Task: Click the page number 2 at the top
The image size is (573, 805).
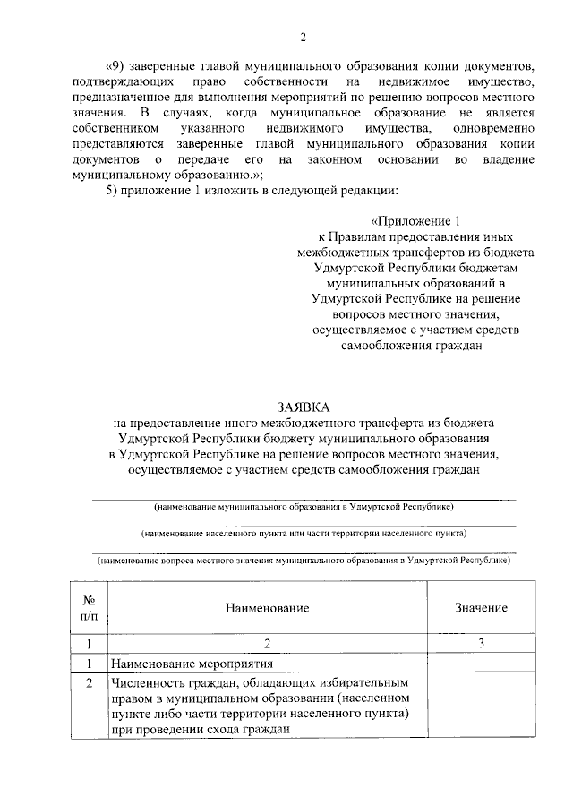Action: tap(303, 37)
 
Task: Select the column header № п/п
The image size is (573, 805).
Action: tap(89, 607)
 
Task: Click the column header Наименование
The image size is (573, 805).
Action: tap(267, 608)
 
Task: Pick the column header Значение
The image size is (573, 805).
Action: tap(481, 608)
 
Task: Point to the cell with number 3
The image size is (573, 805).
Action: tap(481, 643)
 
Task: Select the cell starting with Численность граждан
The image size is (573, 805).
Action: tap(260, 707)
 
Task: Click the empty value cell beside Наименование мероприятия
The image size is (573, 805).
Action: tap(481, 664)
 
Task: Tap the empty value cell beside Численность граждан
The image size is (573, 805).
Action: tap(481, 707)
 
